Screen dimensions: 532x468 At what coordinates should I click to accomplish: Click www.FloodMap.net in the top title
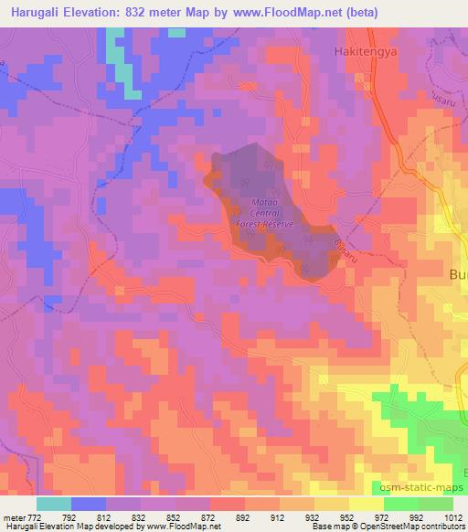pos(276,12)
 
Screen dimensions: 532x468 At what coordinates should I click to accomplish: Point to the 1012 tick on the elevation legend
pos(452,516)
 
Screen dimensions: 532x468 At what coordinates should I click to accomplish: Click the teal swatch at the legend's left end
pos(54,504)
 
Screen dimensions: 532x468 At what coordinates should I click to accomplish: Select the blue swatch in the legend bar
pos(90,504)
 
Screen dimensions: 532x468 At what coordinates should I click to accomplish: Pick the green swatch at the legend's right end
pos(435,504)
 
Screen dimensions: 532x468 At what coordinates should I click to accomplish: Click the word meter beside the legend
pos(13,516)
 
